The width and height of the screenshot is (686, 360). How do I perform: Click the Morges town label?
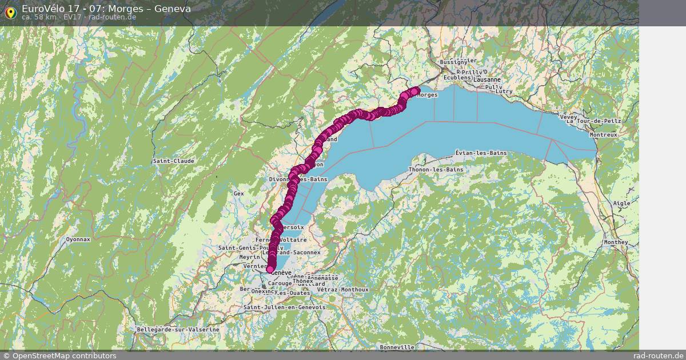[x=428, y=95]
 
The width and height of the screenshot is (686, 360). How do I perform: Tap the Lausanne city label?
[x=488, y=80]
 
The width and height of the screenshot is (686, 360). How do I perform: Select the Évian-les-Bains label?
[x=481, y=153]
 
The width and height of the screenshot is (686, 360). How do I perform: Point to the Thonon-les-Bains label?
[x=435, y=170]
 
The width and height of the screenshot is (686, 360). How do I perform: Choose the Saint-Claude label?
[x=174, y=161]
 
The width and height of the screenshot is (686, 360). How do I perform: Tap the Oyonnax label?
[x=78, y=239]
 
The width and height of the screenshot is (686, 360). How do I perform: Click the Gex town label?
[x=238, y=194]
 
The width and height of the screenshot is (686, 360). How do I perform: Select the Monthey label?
[x=615, y=242]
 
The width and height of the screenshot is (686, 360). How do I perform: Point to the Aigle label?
[x=621, y=203]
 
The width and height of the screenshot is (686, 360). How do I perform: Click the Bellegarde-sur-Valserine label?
[x=178, y=330]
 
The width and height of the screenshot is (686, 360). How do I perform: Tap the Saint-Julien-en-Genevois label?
[x=284, y=307]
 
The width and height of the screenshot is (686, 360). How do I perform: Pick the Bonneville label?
[x=397, y=347]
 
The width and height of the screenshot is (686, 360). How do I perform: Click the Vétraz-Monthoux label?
[x=343, y=290]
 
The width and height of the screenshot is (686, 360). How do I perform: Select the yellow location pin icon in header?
[x=10, y=12]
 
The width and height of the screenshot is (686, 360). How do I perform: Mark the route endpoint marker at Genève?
[x=270, y=269]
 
